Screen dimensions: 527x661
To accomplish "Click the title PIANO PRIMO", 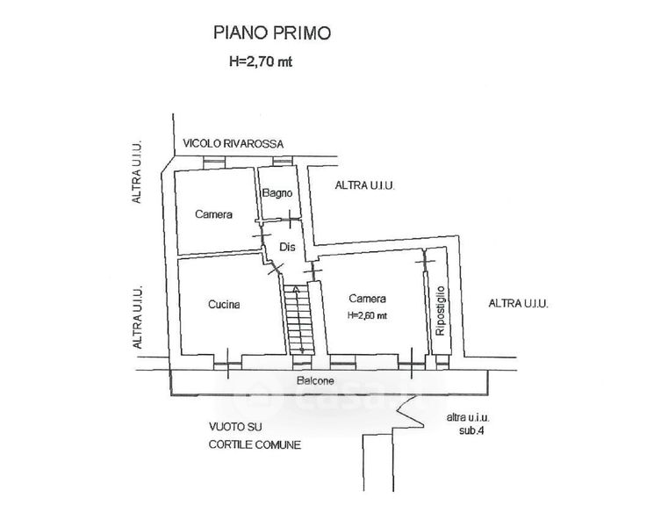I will tap(273, 34).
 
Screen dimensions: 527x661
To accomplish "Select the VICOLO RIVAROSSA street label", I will tap(234, 145).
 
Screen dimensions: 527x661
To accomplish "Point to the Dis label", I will tap(286, 247).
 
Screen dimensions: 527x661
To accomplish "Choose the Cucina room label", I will tap(224, 305).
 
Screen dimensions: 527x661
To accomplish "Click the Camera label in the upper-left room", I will tap(213, 214).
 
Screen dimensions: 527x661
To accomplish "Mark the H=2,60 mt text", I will tap(367, 316).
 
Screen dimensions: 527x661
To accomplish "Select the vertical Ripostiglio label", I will tap(440, 310).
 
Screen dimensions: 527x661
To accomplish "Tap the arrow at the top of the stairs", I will tap(298, 288).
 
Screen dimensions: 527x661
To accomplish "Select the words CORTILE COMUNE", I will tap(254, 444).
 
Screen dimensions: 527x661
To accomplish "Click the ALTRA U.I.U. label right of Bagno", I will tap(364, 186).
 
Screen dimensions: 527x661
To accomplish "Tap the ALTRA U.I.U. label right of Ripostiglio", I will tap(518, 304).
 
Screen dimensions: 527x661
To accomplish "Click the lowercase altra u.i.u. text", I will tap(466, 418).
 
